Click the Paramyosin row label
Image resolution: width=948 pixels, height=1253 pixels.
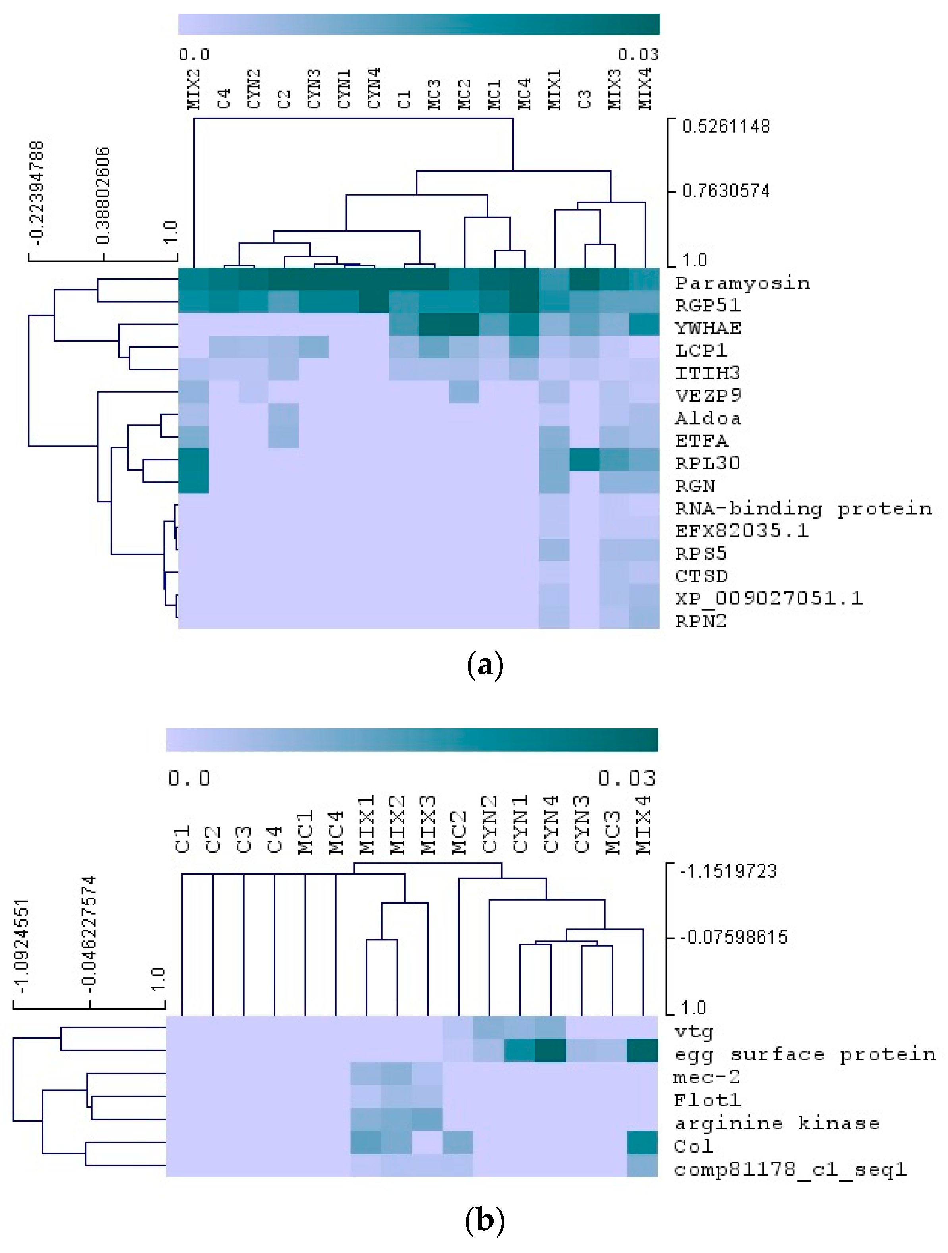(742, 283)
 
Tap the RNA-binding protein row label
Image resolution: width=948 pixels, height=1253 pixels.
(803, 509)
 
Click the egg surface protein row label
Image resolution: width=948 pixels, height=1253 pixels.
(805, 1054)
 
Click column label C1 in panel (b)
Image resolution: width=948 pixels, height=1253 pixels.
(182, 838)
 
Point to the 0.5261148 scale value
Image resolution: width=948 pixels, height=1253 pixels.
(726, 126)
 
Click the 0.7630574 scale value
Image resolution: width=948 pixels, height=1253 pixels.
(726, 191)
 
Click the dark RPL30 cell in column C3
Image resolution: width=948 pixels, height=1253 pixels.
(585, 460)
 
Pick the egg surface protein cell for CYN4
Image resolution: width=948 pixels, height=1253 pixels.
(550, 1050)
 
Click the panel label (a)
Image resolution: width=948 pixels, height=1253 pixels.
(484, 666)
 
